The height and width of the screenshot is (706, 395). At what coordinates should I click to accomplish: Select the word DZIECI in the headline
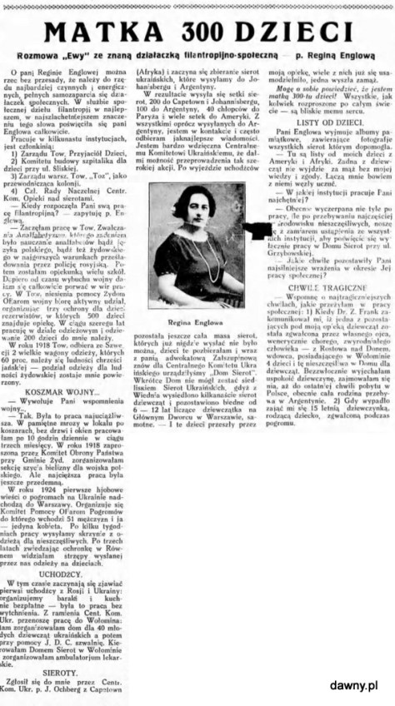(299, 32)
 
